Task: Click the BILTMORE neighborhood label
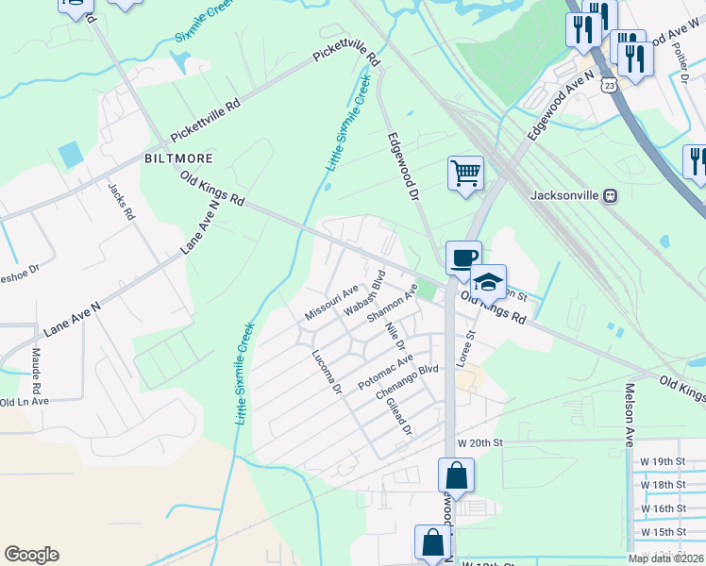coord(178,158)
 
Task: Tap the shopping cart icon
coord(465,174)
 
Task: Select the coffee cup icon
coord(463,258)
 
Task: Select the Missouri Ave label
coord(331,301)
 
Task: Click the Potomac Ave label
coord(385,373)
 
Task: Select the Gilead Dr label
coord(400,416)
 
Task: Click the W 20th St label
coord(481,442)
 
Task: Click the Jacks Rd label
coord(123,202)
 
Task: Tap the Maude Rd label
coord(37,371)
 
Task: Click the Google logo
coord(31,555)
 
